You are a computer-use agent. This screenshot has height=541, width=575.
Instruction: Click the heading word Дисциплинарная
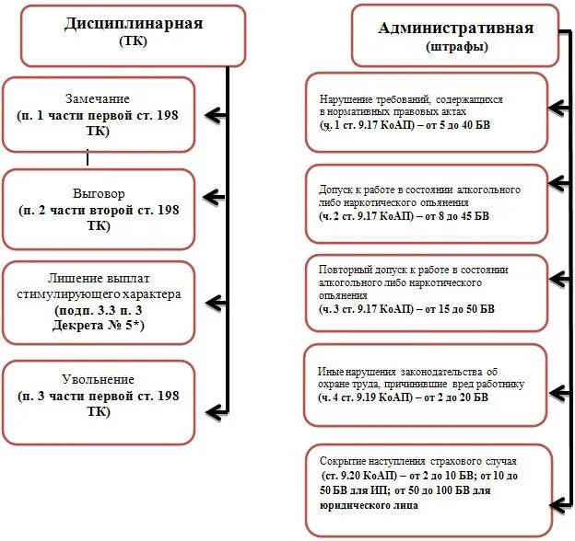(134, 24)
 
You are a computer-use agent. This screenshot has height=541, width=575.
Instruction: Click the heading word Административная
(455, 28)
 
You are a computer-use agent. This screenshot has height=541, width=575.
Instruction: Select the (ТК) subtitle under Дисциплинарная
(134, 42)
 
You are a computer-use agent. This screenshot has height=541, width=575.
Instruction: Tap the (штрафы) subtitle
(455, 46)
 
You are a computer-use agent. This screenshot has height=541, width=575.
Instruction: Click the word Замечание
(97, 98)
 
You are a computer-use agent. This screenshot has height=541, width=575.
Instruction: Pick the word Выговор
(97, 194)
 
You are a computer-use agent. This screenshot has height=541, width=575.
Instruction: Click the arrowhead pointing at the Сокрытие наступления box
(557, 504)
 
